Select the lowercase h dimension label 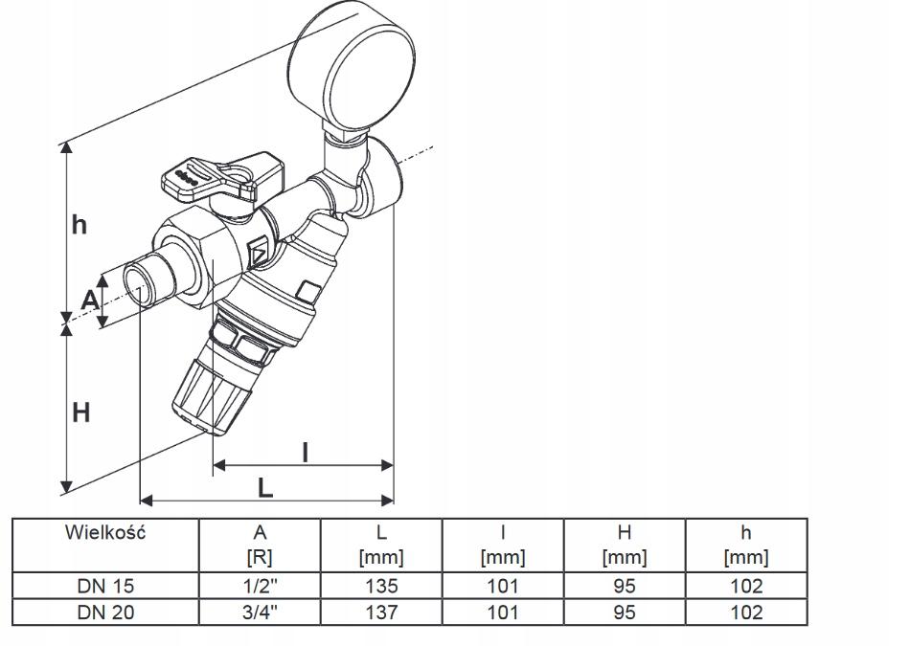[x=80, y=225]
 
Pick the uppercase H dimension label [x=81, y=413]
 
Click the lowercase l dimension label [x=305, y=452]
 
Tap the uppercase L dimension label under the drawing [x=265, y=487]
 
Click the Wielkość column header [x=104, y=532]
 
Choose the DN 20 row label [x=104, y=613]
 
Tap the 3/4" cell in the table [x=260, y=613]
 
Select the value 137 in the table [x=380, y=613]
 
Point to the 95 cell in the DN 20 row [x=624, y=613]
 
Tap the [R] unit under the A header [x=260, y=557]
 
